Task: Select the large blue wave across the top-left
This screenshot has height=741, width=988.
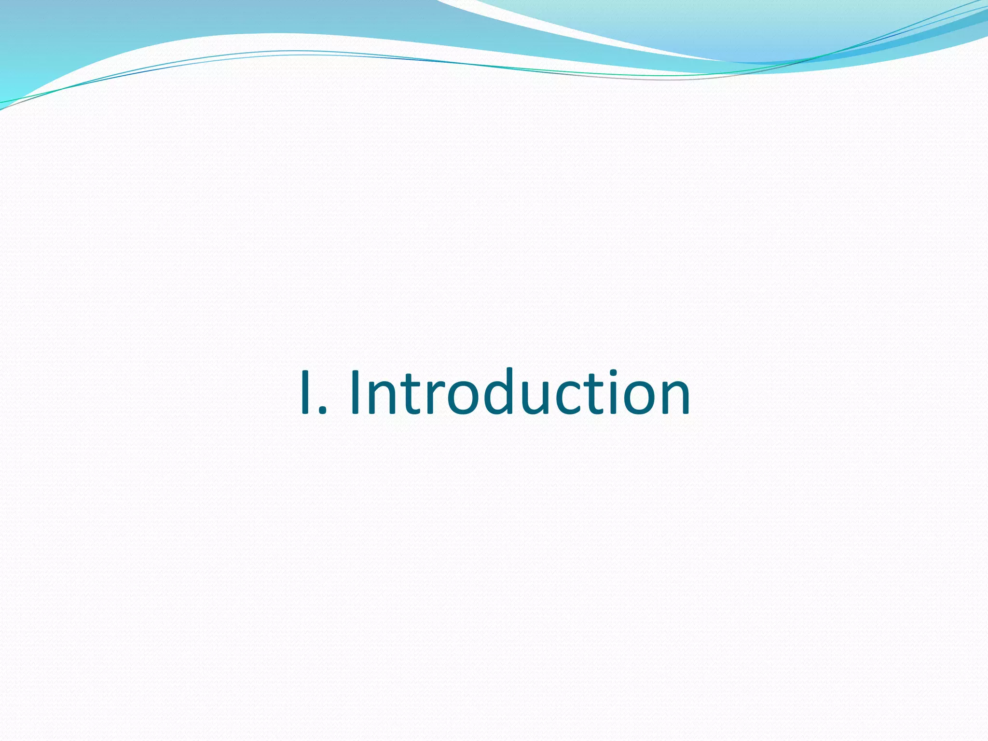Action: (145, 29)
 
